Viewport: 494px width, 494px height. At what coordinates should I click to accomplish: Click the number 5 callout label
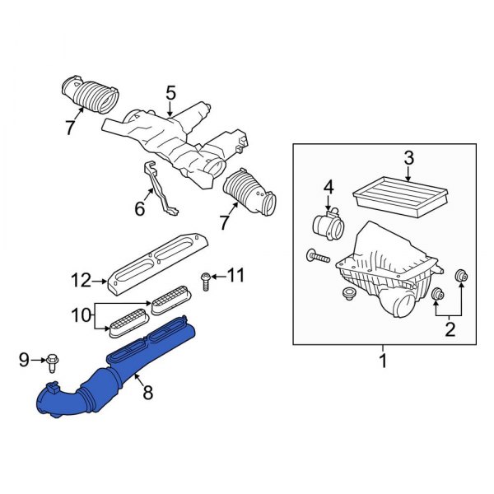170,95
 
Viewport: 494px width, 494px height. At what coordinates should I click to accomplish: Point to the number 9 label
24,359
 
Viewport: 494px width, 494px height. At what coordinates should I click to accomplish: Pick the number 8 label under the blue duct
148,394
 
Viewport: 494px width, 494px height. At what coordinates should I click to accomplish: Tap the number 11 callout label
236,276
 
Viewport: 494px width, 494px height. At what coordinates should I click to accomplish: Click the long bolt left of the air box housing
318,257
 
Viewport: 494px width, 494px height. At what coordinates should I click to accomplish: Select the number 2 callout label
449,331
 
